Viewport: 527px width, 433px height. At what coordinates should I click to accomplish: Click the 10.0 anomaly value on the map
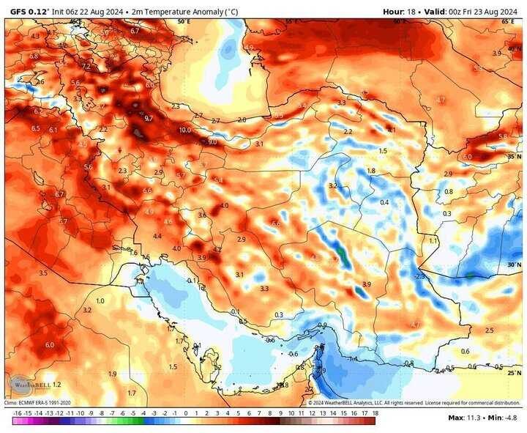click(x=184, y=130)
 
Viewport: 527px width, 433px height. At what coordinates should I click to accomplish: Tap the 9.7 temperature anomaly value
click(x=148, y=118)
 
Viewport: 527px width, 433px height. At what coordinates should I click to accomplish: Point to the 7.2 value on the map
click(x=86, y=66)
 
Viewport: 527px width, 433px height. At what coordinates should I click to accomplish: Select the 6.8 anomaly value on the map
click(x=34, y=56)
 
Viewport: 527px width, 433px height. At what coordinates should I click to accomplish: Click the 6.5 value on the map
click(x=35, y=128)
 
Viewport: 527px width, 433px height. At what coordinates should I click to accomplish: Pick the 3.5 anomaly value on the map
click(x=43, y=273)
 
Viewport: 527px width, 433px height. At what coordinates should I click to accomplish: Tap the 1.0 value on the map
click(x=100, y=300)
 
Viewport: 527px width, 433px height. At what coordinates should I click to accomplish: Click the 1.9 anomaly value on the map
click(x=112, y=374)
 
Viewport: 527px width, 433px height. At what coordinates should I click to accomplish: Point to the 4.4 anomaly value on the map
click(x=157, y=236)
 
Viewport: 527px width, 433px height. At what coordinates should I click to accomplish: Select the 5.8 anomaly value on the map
click(x=502, y=136)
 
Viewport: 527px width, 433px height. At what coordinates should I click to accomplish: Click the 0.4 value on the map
click(x=384, y=202)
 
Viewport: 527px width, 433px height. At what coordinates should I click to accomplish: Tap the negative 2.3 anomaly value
click(x=419, y=276)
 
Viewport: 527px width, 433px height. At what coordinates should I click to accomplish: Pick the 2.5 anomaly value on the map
click(x=489, y=330)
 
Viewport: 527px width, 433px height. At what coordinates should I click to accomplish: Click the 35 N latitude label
click(x=513, y=156)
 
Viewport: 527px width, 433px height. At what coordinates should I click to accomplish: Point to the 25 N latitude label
click(x=513, y=373)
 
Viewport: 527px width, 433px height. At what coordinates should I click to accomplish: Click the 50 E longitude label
click(x=183, y=22)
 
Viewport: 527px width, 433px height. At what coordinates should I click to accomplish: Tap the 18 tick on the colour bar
click(x=375, y=413)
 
